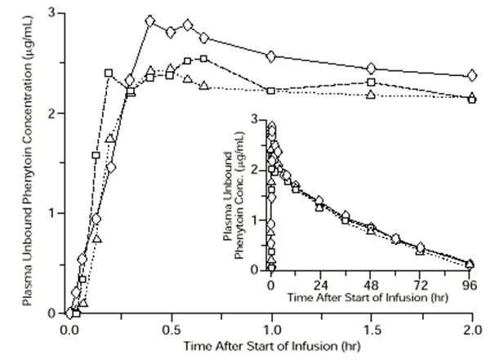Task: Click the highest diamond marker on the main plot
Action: (150, 21)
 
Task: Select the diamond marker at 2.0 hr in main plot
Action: (471, 76)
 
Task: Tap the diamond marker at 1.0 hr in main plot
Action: (270, 56)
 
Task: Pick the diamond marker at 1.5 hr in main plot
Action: (371, 68)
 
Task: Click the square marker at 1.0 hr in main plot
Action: (270, 91)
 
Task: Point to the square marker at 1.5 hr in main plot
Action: (371, 82)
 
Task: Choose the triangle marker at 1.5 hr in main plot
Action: (371, 95)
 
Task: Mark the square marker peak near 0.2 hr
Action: (109, 73)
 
